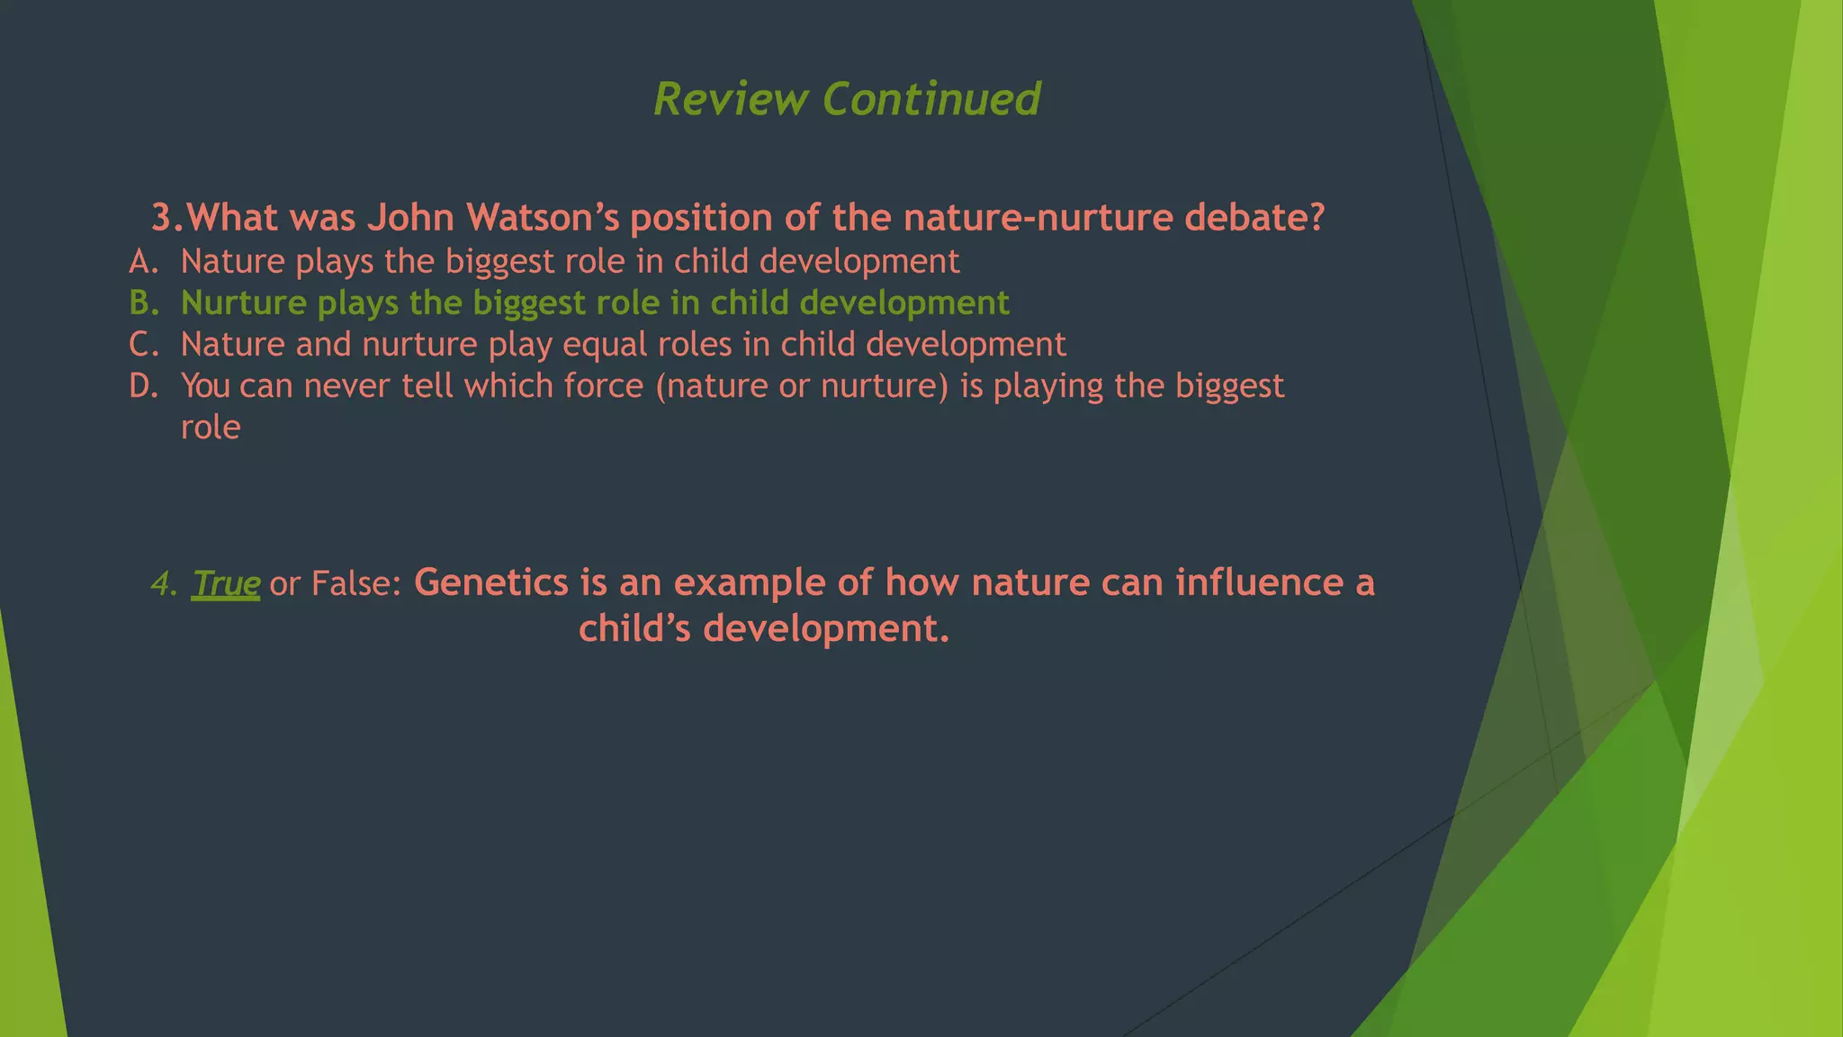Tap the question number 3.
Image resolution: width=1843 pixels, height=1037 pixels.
[166, 218]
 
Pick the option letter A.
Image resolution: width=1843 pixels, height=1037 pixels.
[143, 262]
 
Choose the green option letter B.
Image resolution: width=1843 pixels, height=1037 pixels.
[143, 303]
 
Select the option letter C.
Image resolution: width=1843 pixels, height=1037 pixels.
[143, 345]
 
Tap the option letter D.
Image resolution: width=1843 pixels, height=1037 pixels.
[143, 386]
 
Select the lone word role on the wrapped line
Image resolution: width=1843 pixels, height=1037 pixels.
[211, 428]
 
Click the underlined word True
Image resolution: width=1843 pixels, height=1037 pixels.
[226, 584]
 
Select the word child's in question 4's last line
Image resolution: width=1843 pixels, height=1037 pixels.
[634, 628]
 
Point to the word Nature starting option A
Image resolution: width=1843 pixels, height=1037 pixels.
[232, 262]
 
